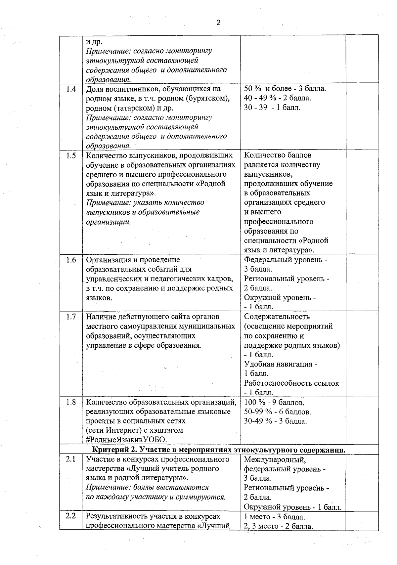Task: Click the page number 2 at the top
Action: pyautogui.click(x=218, y=23)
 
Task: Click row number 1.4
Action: pyautogui.click(x=71, y=89)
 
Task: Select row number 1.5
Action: pyautogui.click(x=71, y=155)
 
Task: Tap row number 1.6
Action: pyautogui.click(x=71, y=260)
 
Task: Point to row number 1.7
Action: pyautogui.click(x=71, y=317)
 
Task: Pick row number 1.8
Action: pyautogui.click(x=71, y=402)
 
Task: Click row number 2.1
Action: pyautogui.click(x=71, y=459)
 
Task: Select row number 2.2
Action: pyautogui.click(x=71, y=516)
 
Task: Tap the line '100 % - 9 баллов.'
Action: pyautogui.click(x=274, y=403)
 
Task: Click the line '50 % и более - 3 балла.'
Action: pyautogui.click(x=285, y=89)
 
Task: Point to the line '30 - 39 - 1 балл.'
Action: pyautogui.click(x=272, y=108)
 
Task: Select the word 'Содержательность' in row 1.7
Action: pyautogui.click(x=277, y=317)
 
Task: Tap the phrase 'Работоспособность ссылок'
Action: pyautogui.click(x=291, y=383)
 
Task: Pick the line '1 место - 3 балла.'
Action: pyautogui.click(x=274, y=516)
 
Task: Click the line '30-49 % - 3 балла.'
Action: pyautogui.click(x=275, y=421)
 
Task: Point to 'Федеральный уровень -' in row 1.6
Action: pyautogui.click(x=285, y=260)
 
